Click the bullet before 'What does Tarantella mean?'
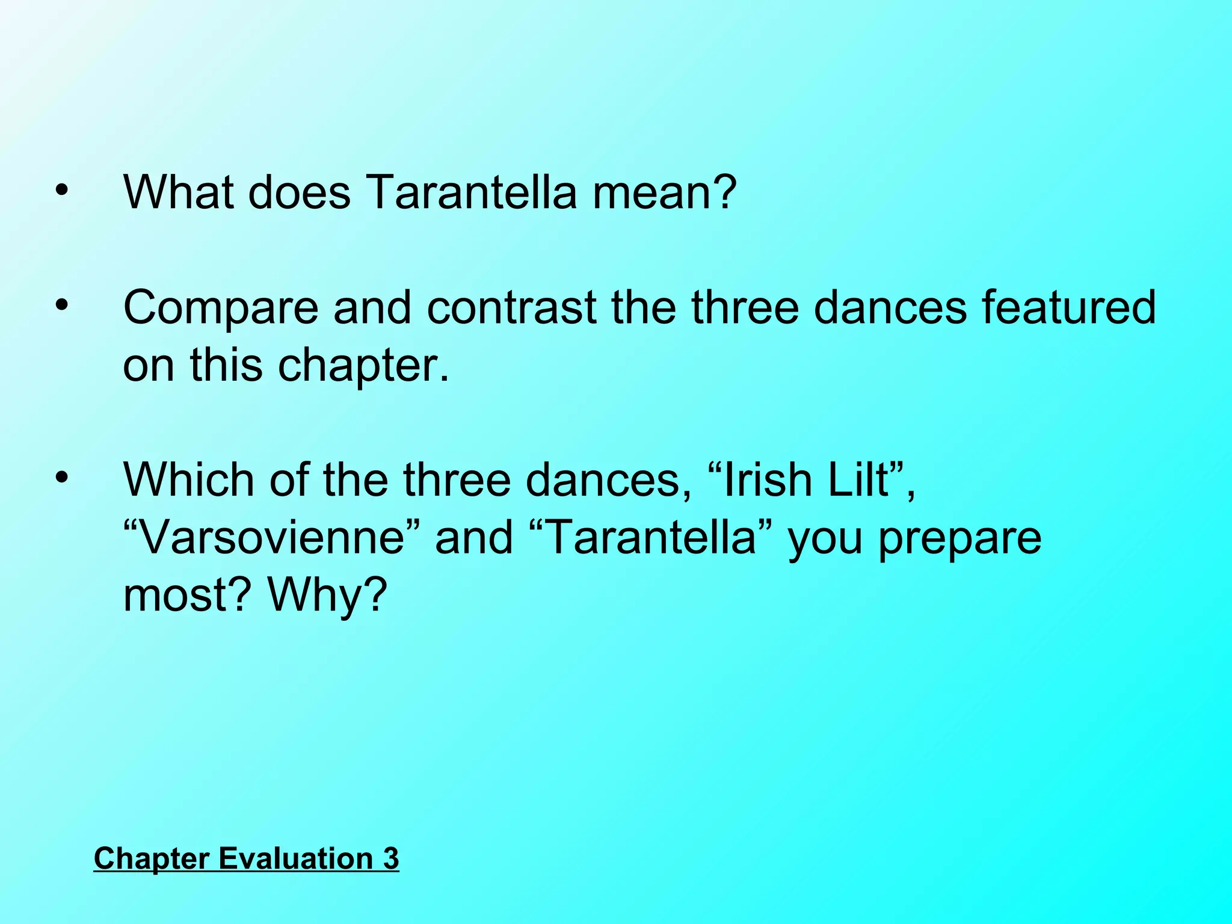click(62, 191)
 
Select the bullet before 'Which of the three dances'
click(62, 478)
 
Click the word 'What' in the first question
click(179, 192)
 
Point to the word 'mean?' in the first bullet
click(664, 192)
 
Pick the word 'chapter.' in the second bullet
click(363, 366)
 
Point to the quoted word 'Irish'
click(765, 480)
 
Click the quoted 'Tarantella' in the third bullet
click(652, 537)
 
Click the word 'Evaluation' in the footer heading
click(296, 858)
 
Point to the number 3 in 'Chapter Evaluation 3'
click(391, 858)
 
